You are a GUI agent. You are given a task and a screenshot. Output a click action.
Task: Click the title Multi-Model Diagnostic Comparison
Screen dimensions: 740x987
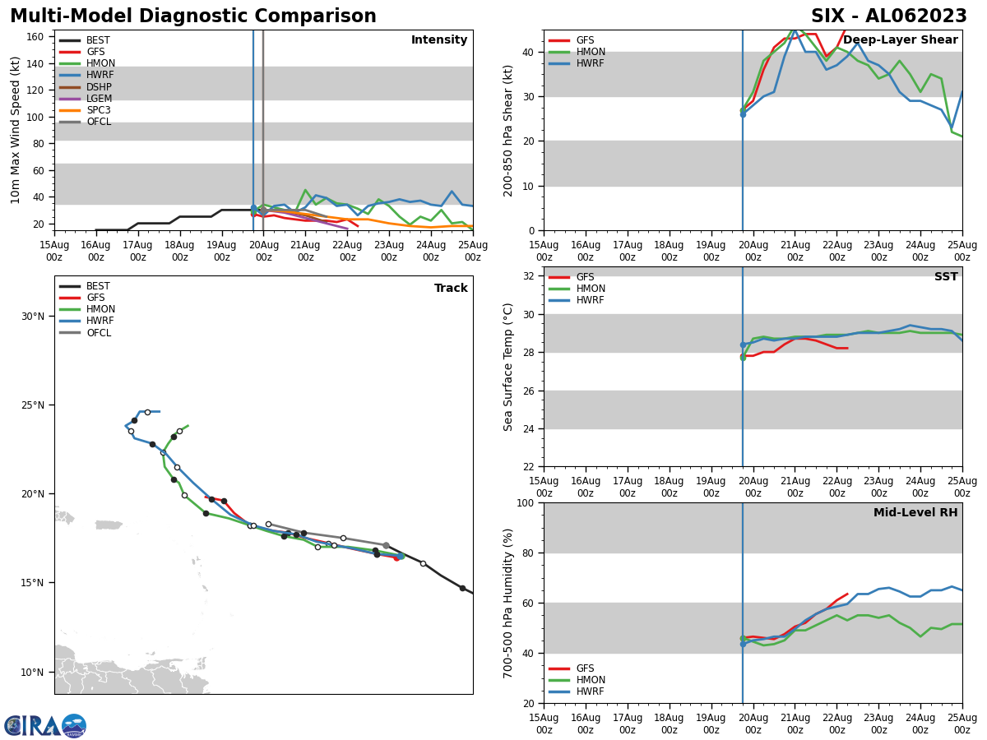[193, 16]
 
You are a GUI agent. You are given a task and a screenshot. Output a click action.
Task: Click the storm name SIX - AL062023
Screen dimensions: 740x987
[888, 16]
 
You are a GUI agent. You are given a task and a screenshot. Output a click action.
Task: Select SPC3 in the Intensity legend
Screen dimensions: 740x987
[98, 110]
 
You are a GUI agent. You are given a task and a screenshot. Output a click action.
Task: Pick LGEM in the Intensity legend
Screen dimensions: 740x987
[99, 99]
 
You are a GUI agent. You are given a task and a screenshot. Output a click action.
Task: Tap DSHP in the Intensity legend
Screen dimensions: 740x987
[99, 87]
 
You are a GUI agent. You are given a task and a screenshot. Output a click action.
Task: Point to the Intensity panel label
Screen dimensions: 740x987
[438, 40]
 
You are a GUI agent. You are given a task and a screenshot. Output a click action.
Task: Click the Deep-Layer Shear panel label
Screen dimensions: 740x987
[900, 40]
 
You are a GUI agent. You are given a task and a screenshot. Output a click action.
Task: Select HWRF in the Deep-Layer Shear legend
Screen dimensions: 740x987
[591, 63]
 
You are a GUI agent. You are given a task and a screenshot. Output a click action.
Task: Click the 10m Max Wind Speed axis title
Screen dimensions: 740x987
[16, 130]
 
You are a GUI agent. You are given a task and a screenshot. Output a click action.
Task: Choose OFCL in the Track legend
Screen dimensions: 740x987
[99, 333]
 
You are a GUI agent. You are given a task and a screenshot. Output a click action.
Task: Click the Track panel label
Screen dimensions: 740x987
[451, 289]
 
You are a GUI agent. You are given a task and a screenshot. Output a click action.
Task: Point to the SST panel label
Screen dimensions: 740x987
[946, 277]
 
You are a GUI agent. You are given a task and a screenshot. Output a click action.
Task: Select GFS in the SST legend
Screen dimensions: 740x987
[585, 277]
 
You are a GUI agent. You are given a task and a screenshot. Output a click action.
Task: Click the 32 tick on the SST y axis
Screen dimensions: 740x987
[531, 276]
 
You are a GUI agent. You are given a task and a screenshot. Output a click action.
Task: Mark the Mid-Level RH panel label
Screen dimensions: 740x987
[915, 513]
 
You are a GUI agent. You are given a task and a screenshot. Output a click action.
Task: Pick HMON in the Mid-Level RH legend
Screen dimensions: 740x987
[591, 680]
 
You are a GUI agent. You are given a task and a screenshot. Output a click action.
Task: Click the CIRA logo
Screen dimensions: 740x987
[45, 726]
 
